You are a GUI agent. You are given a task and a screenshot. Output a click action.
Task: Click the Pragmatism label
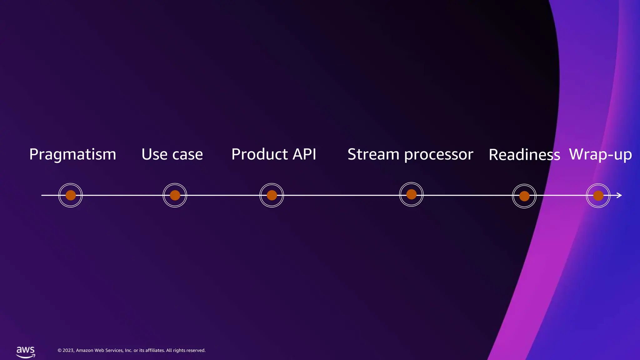[72, 155]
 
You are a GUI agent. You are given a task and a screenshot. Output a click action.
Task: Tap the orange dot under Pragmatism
[71, 195]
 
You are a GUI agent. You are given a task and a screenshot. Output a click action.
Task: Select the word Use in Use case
[154, 154]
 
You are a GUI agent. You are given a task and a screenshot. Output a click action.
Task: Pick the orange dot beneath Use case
[175, 195]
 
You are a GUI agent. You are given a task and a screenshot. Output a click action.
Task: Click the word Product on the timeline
[259, 154]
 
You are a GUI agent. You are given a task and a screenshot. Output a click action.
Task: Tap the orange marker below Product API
[272, 195]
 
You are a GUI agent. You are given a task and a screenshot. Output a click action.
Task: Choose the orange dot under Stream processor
[411, 194]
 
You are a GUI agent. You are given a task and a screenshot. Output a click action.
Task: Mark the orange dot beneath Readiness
[524, 196]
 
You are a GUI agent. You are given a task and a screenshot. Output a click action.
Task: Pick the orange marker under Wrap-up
[598, 196]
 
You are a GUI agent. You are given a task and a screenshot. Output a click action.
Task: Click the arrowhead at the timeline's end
[619, 195]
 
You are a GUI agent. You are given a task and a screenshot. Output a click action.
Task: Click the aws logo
[26, 352]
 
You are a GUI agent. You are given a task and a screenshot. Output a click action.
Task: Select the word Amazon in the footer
[85, 350]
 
